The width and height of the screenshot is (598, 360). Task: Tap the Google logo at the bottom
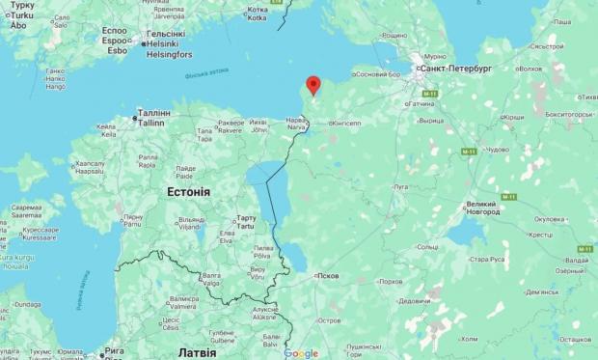[x=301, y=353]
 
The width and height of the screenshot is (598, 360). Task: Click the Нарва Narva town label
[x=295, y=124]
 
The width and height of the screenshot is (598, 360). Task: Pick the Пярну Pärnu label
[x=133, y=221]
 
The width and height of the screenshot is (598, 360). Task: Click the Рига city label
[x=114, y=352]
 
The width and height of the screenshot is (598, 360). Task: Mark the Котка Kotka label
[x=257, y=13]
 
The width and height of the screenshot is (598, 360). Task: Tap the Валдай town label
[x=576, y=261]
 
